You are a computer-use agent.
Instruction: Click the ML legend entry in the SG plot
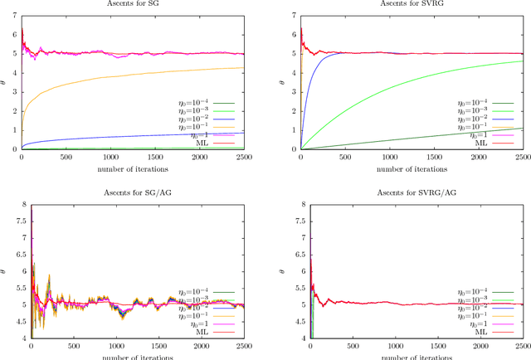tap(201, 143)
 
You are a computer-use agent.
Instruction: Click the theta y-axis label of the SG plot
tap(4, 80)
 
